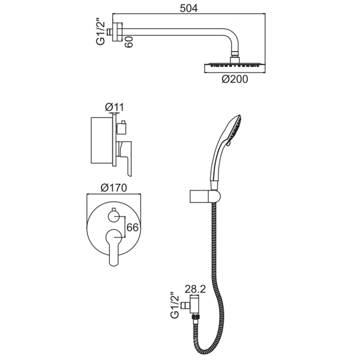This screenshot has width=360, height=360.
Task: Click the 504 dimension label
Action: (x=189, y=9)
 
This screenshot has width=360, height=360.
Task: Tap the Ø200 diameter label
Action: (x=234, y=79)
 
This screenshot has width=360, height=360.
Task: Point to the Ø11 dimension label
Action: (x=114, y=107)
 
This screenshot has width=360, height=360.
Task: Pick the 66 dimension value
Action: (x=132, y=227)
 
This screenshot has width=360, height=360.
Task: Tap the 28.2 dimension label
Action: (x=195, y=289)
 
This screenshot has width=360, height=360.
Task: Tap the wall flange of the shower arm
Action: (x=117, y=31)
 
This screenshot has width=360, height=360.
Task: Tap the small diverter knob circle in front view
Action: (x=114, y=216)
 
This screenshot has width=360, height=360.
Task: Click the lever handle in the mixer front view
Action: (x=114, y=247)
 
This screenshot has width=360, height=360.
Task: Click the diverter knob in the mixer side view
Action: (x=121, y=127)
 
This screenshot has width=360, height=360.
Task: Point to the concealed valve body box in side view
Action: (x=102, y=141)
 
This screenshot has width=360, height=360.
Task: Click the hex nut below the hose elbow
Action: (x=195, y=318)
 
